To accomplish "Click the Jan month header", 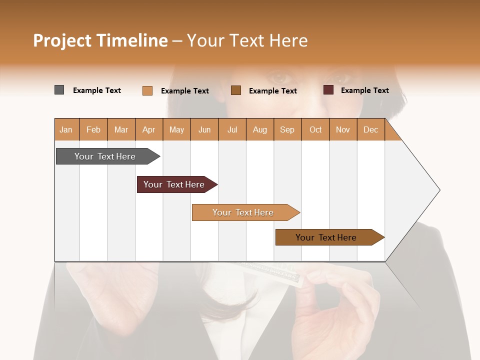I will pos(66,130).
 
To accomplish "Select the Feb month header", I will pos(93,130).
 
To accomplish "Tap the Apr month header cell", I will pos(149,130).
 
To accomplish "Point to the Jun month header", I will pos(204,130).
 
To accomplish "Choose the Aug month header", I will pos(260,130).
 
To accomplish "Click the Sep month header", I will pos(287,130).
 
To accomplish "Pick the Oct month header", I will pos(315,130).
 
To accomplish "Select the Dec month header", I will pos(371,130).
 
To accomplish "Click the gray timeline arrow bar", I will pos(105,156).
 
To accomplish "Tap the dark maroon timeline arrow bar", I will pos(174,184).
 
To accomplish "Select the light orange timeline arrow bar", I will pos(243,212).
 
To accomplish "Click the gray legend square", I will pos(59,90).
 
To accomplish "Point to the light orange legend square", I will pos(147,90).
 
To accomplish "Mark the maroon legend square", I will pos(328,90).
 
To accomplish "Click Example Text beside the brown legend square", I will pos(273,91).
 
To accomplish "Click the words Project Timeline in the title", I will pos(100,40).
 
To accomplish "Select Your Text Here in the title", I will pos(247,40).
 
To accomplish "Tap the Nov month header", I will pos(343,130).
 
